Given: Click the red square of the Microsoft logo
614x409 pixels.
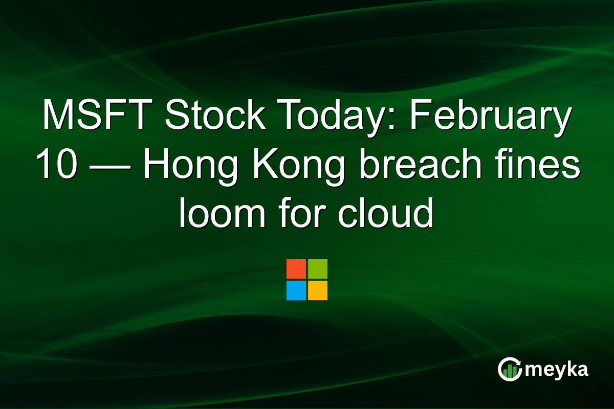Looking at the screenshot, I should (296, 269).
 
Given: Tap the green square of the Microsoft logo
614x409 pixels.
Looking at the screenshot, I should (318, 269).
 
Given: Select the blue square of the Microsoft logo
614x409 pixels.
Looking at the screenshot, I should (296, 290).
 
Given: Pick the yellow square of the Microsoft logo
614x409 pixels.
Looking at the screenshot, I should (318, 290).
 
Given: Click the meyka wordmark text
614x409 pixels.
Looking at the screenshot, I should (556, 369).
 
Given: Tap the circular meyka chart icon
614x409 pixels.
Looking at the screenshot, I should (510, 369).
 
